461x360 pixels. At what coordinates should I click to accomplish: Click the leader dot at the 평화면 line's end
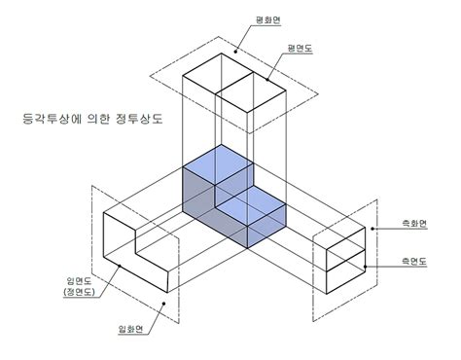click(x=234, y=51)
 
